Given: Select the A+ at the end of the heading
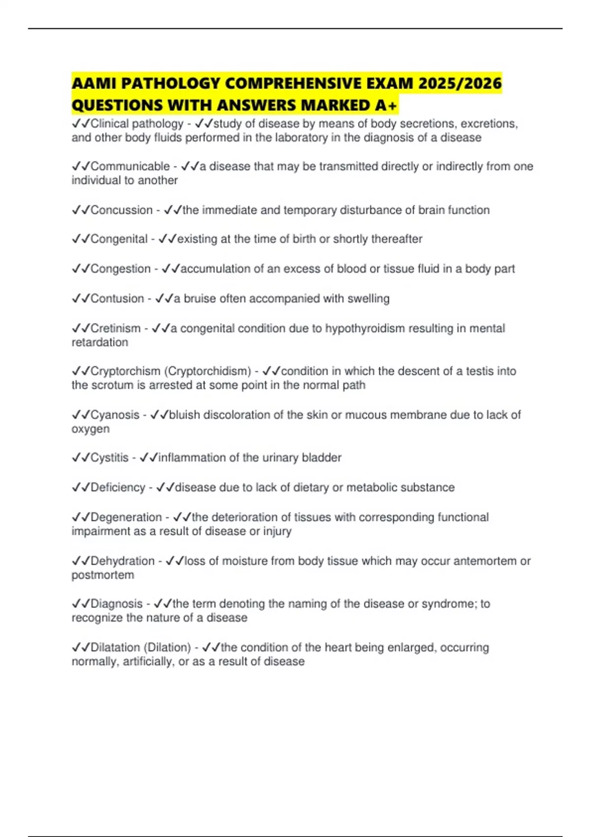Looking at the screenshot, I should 387,105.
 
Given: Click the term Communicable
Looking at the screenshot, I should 130,166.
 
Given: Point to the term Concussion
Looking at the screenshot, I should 122,210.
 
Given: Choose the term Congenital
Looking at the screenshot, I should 119,239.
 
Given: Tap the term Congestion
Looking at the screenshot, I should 121,269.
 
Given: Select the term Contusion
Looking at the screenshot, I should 117,298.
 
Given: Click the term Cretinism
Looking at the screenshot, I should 116,328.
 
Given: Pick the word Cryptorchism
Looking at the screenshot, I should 126,371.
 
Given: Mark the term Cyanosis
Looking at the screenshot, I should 115,415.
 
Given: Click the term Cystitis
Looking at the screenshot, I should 109,458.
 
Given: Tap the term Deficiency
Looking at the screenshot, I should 118,487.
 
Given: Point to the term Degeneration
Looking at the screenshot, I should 126,517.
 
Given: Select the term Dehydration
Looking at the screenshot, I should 123,561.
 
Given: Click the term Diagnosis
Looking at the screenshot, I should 117,604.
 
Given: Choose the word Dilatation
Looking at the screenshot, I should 115,647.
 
